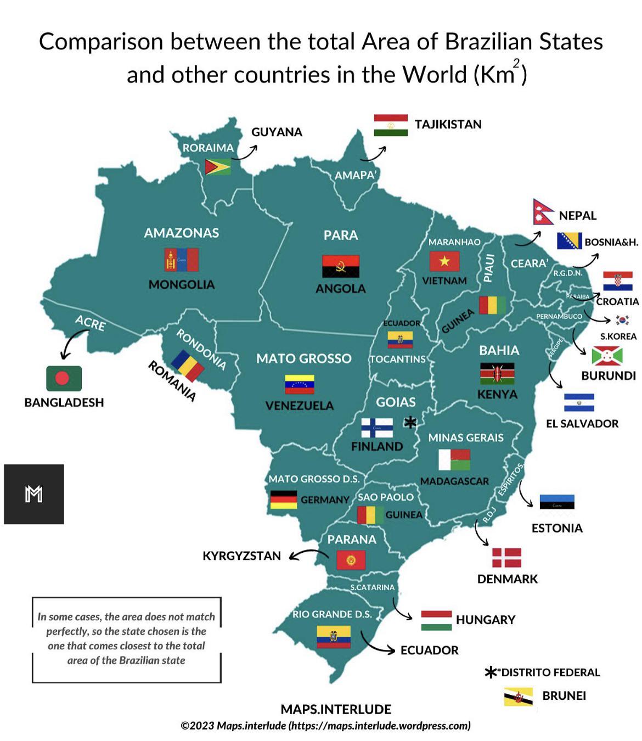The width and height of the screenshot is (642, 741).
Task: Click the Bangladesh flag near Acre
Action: [64, 379]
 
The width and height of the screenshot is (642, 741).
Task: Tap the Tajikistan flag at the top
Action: [391, 125]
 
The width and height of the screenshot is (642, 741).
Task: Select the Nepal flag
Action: [543, 212]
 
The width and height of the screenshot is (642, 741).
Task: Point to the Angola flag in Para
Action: [340, 266]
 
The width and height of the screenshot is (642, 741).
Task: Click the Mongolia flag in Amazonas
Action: [181, 260]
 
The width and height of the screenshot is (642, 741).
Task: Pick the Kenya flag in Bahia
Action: [497, 373]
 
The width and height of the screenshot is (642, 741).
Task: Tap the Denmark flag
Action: [506, 557]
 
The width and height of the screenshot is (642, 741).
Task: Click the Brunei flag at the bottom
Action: [519, 697]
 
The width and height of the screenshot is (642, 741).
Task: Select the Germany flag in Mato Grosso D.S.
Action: [284, 499]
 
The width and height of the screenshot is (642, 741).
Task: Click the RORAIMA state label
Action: [208, 148]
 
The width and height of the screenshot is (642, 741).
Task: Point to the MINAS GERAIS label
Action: [466, 437]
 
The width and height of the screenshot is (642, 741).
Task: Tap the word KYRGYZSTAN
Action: [241, 555]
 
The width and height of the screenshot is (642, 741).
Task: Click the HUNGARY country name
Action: [486, 620]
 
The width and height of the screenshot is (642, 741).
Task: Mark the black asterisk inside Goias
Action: [410, 422]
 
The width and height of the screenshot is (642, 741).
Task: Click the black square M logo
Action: [34, 494]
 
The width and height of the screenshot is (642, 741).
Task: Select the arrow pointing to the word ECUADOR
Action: [378, 645]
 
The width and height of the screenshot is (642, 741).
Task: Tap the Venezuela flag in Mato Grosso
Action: [300, 384]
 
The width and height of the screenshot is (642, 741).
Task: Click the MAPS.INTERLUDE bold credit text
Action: [336, 709]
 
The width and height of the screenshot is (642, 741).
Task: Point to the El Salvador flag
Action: [579, 402]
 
